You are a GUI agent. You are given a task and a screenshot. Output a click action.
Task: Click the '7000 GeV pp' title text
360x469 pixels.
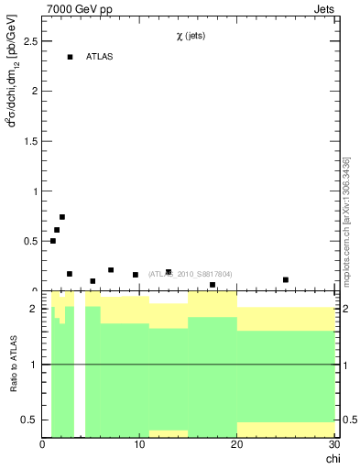80,10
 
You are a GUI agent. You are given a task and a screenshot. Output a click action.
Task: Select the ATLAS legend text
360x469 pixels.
100,57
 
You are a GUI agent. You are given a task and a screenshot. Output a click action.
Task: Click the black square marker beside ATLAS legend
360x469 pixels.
70,57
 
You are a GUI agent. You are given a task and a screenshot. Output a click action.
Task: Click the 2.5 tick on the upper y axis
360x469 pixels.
29,41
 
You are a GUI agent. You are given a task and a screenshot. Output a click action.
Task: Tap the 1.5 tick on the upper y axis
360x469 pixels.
29,141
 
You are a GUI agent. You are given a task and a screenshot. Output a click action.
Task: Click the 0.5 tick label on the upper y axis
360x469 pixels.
29,241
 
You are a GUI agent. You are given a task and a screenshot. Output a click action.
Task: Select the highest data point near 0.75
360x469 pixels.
62,217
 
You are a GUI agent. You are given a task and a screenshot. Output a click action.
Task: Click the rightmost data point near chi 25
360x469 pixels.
286,279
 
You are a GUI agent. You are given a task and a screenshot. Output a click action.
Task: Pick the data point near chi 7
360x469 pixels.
111,270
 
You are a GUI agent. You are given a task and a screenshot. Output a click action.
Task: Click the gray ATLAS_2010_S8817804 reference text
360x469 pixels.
190,274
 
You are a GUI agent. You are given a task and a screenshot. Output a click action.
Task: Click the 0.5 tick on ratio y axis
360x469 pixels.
30,420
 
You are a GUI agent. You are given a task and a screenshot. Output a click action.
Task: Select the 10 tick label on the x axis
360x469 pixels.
139,444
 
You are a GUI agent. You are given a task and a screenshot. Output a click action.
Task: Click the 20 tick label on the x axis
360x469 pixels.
236,444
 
